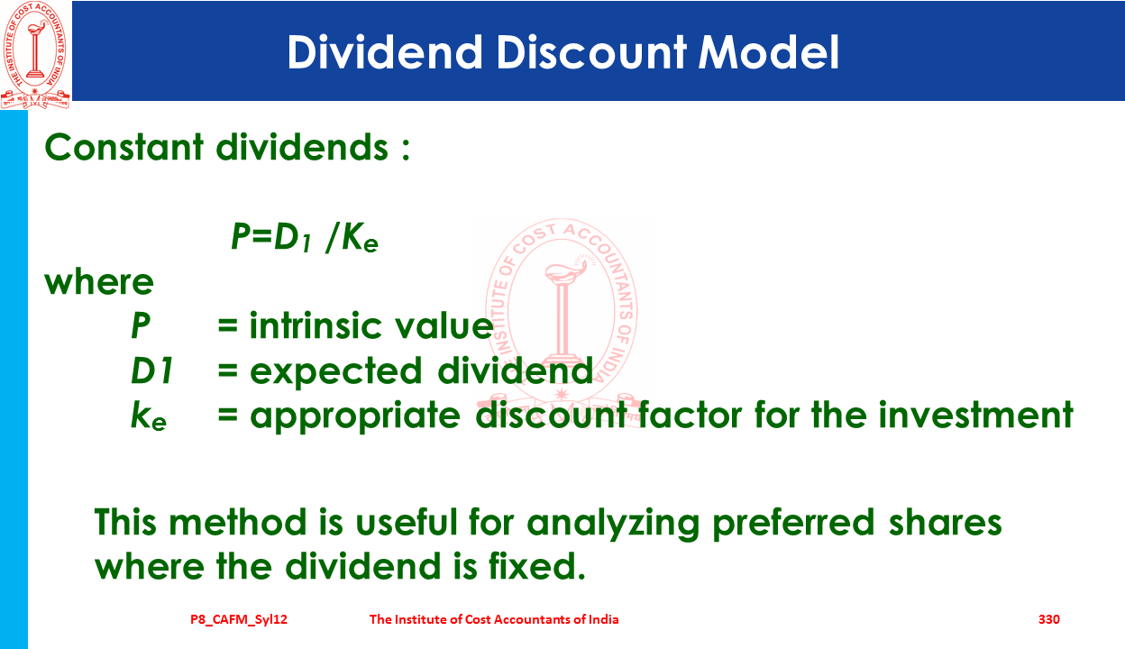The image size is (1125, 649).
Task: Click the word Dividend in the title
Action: pyautogui.click(x=385, y=51)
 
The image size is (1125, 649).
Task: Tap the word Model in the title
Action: pyautogui.click(x=769, y=51)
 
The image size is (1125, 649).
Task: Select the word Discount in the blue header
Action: pyautogui.click(x=590, y=51)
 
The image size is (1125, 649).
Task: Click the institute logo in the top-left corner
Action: pyautogui.click(x=35, y=54)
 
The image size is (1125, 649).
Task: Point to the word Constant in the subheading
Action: pyautogui.click(x=123, y=147)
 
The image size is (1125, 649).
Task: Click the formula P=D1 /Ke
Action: pyautogui.click(x=305, y=237)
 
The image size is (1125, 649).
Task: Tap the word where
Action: pyautogui.click(x=99, y=282)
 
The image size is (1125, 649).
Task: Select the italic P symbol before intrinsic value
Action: pyautogui.click(x=140, y=325)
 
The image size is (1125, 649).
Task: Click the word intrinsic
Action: pyautogui.click(x=315, y=325)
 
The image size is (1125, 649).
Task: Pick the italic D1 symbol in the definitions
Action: pyautogui.click(x=152, y=370)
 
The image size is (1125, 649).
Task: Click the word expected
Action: pyautogui.click(x=335, y=371)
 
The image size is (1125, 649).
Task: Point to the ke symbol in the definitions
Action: pyautogui.click(x=148, y=416)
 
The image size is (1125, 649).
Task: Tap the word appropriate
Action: pyautogui.click(x=354, y=416)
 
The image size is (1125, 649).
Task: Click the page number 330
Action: pyautogui.click(x=1048, y=619)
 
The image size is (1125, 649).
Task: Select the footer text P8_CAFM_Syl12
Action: pyautogui.click(x=239, y=620)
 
